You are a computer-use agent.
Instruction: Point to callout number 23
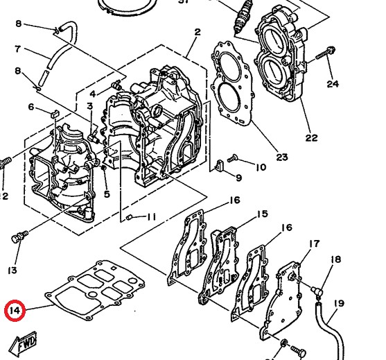tap(281, 157)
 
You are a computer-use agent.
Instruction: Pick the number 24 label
tap(333, 84)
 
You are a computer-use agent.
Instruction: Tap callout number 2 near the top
tap(198, 32)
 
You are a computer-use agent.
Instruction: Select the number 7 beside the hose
tap(18, 49)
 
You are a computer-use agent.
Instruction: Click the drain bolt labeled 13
tap(17, 238)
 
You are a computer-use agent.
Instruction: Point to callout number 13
tap(12, 269)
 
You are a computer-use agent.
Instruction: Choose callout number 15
tap(262, 214)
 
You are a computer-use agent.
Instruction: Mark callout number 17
tap(315, 243)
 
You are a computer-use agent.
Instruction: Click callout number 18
tap(336, 259)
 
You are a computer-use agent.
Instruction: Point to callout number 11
tap(152, 217)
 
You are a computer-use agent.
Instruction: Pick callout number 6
tap(30, 106)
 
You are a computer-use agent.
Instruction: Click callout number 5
tap(107, 194)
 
